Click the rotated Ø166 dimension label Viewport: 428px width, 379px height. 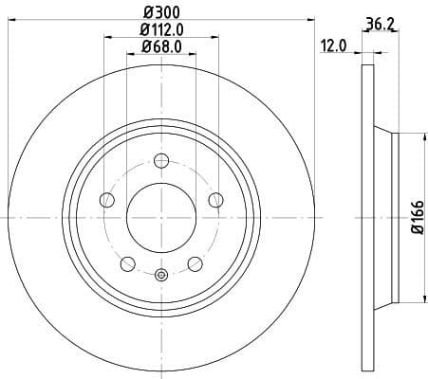pyautogui.click(x=416, y=218)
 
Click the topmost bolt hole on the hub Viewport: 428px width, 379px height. pyautogui.click(x=160, y=160)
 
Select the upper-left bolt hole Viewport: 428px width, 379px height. pyautogui.click(x=106, y=199)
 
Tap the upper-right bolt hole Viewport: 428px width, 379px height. pyautogui.click(x=215, y=199)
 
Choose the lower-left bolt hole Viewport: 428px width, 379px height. pyautogui.click(x=127, y=262)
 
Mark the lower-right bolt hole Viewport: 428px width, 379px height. pyautogui.click(x=195, y=262)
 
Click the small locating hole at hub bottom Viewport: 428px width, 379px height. pyautogui.click(x=160, y=276)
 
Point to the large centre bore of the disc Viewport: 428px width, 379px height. pyautogui.click(x=160, y=217)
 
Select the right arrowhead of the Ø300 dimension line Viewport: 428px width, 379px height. pyautogui.click(x=309, y=19)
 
